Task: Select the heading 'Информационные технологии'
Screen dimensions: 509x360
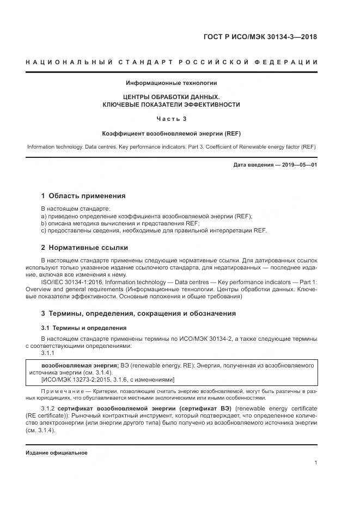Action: pyautogui.click(x=171, y=83)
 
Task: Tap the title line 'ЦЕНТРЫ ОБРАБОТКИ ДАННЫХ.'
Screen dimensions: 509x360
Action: pyautogui.click(x=171, y=96)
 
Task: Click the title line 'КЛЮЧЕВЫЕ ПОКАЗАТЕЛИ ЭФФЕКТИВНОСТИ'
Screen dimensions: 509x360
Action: pyautogui.click(x=171, y=104)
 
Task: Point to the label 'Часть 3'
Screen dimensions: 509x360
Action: pyautogui.click(x=171, y=118)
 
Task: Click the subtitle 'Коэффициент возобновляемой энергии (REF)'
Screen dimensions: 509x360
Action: pyautogui.click(x=171, y=133)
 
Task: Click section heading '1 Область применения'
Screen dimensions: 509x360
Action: pyautogui.click(x=83, y=195)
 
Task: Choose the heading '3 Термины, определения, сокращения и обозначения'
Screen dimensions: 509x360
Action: pyautogui.click(x=138, y=314)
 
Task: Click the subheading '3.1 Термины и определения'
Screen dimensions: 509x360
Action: pyautogui.click(x=84, y=328)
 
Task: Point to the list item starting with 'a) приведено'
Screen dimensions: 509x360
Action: pyautogui.click(x=147, y=216)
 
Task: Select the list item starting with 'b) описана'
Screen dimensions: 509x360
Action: pyautogui.click(x=120, y=223)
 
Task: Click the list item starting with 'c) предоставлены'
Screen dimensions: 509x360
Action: pyautogui.click(x=154, y=230)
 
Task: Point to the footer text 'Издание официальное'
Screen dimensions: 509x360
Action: pyautogui.click(x=57, y=452)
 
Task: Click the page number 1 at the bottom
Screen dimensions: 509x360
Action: pyautogui.click(x=315, y=463)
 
